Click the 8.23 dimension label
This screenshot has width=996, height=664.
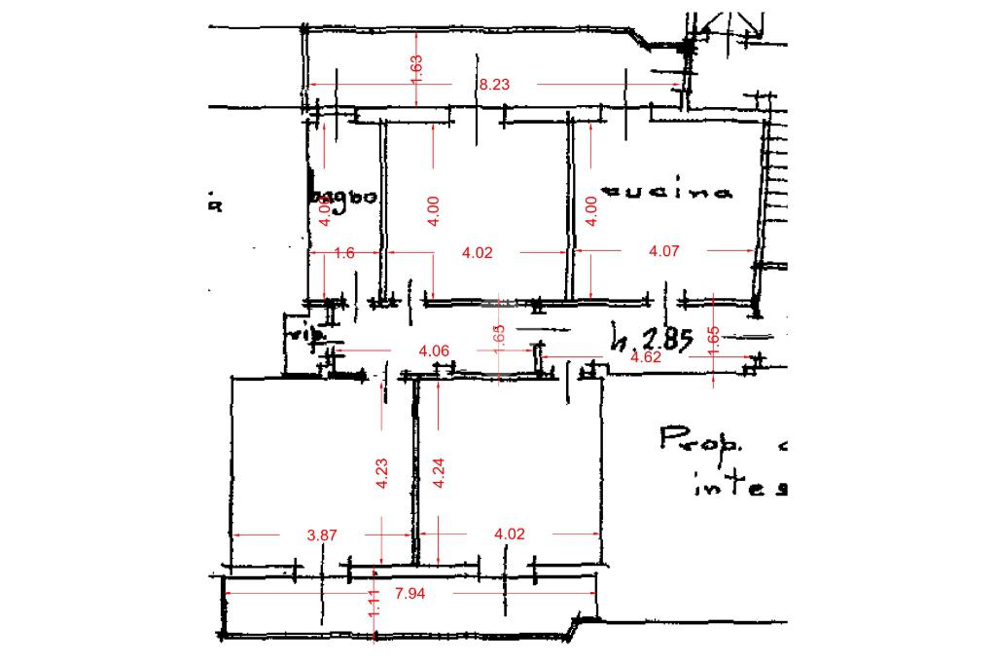coord(494,85)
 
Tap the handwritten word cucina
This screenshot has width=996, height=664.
coord(667,192)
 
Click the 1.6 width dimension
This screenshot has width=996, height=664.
coord(343,252)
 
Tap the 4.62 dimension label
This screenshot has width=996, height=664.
coord(646,357)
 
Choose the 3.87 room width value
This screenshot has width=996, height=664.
coord(322,534)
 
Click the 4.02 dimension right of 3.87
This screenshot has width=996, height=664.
coord(510,534)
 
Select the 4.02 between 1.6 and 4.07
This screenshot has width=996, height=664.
coord(478,252)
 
